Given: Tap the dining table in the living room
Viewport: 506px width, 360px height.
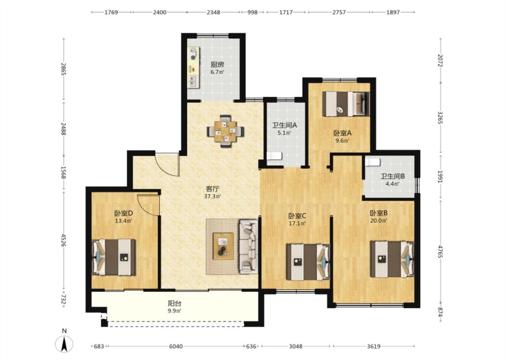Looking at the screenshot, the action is pos(225,131).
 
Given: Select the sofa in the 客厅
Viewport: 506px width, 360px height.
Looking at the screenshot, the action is pos(248,247).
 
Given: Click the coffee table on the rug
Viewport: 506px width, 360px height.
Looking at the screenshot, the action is pos(223,246).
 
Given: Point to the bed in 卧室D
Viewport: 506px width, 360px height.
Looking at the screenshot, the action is pos(114,257).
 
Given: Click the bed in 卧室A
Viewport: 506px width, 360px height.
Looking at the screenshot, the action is pos(346,103).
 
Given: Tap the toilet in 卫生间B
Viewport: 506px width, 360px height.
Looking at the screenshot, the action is pos(372,162).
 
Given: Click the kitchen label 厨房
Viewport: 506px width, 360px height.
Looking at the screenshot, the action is pos(217,64).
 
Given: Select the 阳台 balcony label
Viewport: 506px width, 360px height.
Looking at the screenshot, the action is pos(175,303).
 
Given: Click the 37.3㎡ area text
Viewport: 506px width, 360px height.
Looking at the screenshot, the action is pos(212,196).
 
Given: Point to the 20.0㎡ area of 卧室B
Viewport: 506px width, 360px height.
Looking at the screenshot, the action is pos(379,221).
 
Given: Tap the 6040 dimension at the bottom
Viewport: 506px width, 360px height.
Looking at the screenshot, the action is pos(176,346).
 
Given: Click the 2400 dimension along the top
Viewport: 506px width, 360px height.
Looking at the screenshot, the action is pos(159,12).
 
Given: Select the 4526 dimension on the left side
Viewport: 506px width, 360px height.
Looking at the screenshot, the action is pos(63,241).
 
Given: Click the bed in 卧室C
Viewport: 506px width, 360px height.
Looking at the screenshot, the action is pos(308,262).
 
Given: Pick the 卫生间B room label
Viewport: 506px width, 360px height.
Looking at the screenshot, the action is pos(392,176).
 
